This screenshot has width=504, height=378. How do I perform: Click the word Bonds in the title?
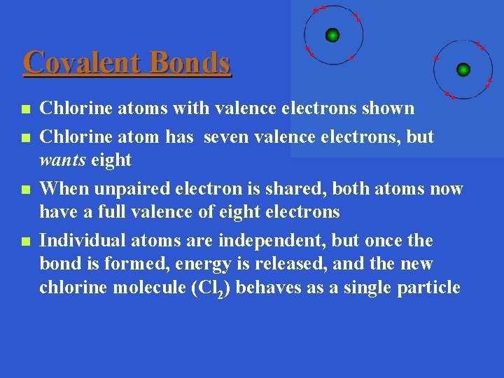190,62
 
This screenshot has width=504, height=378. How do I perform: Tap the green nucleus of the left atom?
332,35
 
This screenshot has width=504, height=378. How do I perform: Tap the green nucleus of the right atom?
463,69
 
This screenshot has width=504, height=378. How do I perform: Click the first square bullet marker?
24,110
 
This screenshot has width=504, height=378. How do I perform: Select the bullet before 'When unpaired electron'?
24,190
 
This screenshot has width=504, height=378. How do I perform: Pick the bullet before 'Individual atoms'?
24,242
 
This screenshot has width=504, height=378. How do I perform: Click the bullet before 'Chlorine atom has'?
24,138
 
